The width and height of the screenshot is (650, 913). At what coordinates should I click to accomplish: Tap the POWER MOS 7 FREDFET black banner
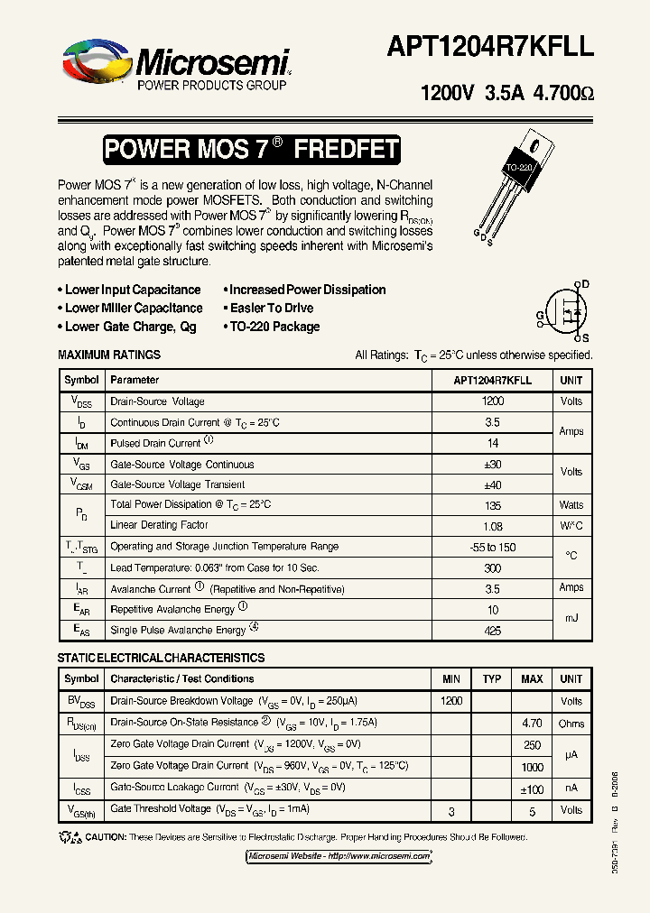(251, 150)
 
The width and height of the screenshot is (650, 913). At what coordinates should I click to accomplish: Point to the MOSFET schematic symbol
(565, 309)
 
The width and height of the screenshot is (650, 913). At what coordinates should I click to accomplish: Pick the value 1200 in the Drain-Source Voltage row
(493, 401)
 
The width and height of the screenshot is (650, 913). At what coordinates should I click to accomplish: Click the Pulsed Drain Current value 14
(493, 443)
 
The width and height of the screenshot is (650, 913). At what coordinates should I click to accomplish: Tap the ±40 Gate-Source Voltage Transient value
(493, 484)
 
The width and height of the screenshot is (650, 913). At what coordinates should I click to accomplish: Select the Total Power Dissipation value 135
(493, 505)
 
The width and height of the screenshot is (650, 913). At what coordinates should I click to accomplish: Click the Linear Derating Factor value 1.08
(493, 526)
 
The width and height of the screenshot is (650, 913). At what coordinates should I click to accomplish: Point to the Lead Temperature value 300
(493, 569)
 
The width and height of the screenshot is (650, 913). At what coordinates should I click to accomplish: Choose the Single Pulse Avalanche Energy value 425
(493, 632)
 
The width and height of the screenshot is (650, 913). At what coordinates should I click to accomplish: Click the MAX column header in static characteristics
(532, 679)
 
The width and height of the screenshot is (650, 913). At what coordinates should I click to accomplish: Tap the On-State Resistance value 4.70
(532, 723)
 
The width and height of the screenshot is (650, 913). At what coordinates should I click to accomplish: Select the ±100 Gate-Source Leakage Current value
(532, 788)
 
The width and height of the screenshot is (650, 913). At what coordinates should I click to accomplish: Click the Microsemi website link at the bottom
(339, 855)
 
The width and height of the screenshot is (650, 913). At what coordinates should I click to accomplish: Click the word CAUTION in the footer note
(106, 837)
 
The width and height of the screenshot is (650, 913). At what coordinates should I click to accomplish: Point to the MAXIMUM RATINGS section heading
(109, 355)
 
